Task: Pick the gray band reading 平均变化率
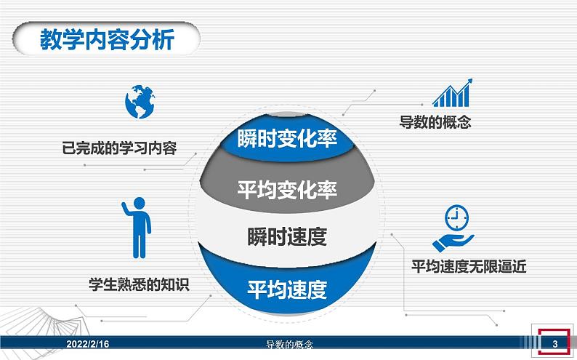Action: pos(288,190)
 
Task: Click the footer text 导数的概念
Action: pos(288,344)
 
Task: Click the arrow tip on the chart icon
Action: pos(470,81)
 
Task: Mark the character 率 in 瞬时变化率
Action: pos(327,139)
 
